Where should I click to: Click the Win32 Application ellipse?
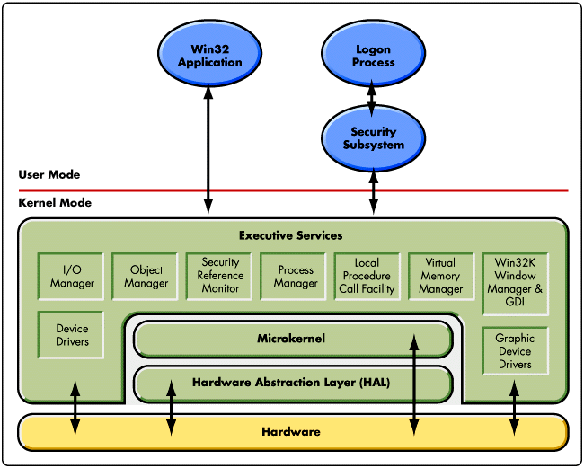(209, 57)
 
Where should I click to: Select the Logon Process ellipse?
(373, 57)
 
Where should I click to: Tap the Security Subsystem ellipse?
(373, 138)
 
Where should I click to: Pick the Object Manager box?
(146, 277)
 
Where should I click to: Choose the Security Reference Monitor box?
(220, 276)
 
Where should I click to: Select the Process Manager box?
(296, 277)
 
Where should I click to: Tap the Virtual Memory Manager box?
(440, 277)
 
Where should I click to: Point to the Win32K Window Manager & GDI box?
(515, 283)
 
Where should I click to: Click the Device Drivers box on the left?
(72, 336)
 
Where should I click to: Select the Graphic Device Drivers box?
(515, 351)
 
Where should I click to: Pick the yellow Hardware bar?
(291, 432)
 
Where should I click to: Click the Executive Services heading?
(290, 235)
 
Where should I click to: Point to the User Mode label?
(49, 174)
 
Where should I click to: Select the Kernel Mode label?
(55, 203)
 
